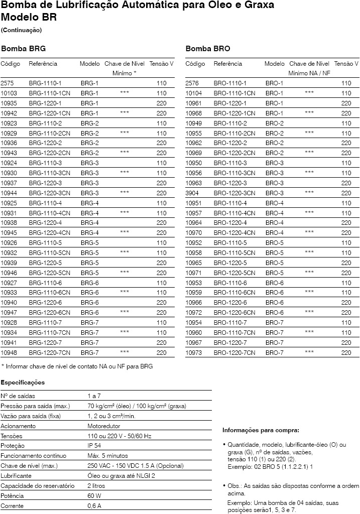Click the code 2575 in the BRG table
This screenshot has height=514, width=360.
8,83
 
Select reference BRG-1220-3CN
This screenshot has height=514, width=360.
49,193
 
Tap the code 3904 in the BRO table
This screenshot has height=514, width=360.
192,193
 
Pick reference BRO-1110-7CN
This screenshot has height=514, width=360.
234,332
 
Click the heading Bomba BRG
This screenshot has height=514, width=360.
24,49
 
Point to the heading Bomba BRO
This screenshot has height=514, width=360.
208,49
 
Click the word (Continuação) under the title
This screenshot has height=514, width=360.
22,30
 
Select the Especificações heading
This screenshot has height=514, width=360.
23,382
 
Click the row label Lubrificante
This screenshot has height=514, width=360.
16,475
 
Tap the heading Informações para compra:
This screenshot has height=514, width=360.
261,430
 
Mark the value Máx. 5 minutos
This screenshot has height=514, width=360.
108,456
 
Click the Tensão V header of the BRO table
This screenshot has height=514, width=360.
346,64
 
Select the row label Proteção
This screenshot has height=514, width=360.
13,446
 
